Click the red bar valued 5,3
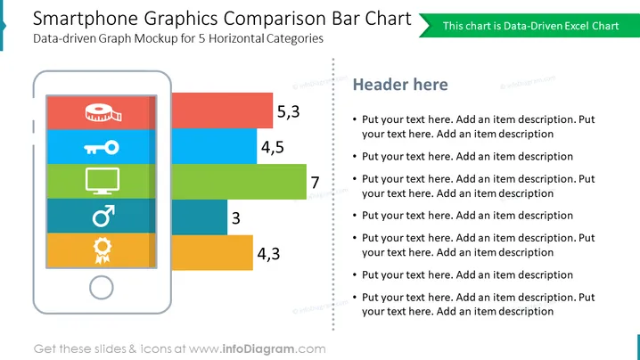point(222,110)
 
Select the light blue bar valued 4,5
point(214,146)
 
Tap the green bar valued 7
point(239,182)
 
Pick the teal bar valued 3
point(199,217)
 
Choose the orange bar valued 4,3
point(212,253)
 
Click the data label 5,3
point(288,111)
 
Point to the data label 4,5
point(272,147)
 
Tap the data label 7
point(315,183)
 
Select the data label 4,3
point(268,253)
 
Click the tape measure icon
point(103,113)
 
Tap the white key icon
point(102,147)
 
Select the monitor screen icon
point(103,180)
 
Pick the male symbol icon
point(103,216)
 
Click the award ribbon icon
point(102,250)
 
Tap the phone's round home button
point(102,287)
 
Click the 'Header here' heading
point(400,85)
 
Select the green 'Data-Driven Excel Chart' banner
point(529,26)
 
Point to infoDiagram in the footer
point(258,349)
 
